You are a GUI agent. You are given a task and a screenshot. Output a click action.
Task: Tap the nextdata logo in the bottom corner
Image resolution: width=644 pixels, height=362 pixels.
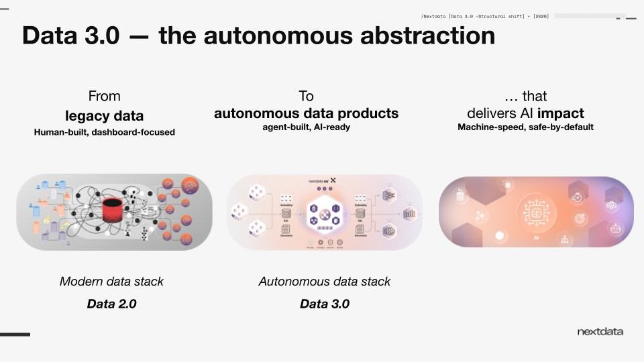[x=600, y=332]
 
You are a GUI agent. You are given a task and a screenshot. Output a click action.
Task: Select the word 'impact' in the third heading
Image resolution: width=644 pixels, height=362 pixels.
[x=560, y=113]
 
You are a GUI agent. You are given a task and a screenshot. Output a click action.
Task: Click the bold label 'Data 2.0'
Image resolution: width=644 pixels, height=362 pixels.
[x=111, y=304]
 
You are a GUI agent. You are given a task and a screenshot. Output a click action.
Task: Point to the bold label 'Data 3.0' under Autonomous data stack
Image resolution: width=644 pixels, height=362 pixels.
[x=325, y=304]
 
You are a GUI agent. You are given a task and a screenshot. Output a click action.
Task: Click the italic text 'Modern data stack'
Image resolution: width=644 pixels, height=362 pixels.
[x=111, y=282]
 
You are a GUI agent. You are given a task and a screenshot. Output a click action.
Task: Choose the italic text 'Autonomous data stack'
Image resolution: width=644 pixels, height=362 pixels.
[x=325, y=282]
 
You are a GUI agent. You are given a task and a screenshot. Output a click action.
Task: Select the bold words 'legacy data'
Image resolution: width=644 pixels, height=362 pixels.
[x=105, y=114]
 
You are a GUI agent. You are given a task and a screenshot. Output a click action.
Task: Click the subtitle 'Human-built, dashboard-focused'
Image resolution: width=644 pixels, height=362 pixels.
[x=105, y=132]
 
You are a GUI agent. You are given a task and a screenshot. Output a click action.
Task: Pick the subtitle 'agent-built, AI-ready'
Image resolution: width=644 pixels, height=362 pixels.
[x=306, y=127]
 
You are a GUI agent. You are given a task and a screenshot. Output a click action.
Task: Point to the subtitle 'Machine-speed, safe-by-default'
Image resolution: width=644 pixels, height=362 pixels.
[x=525, y=127]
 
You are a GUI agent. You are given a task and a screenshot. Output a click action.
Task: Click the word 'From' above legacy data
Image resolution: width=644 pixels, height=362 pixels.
[x=105, y=96]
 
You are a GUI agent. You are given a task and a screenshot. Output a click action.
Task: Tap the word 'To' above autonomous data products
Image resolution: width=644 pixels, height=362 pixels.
[x=306, y=96]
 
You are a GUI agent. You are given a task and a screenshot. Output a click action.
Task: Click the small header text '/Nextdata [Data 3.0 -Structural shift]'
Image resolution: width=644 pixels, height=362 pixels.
[x=473, y=16]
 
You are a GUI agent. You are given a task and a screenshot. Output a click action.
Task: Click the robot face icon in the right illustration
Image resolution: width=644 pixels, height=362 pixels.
[x=614, y=229]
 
